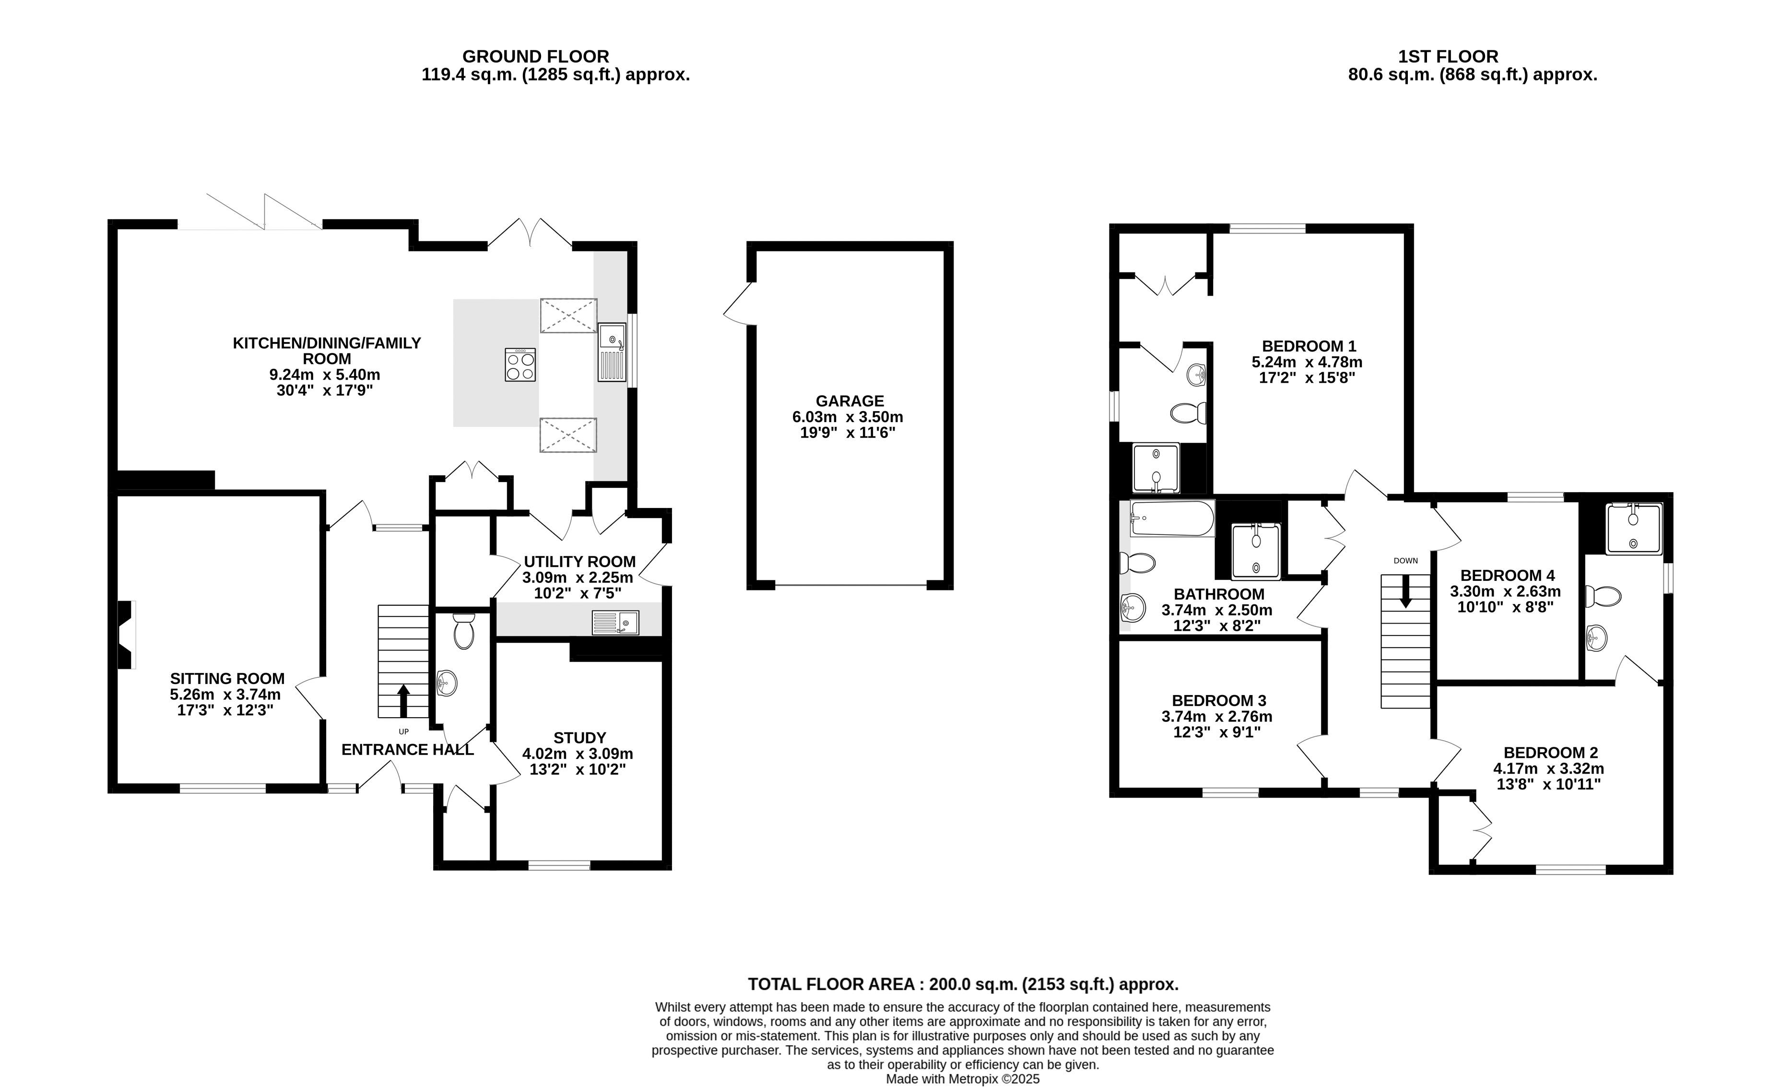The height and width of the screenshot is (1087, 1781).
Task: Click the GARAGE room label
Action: (x=849, y=401)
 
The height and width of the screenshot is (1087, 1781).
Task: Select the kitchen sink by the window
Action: (x=612, y=352)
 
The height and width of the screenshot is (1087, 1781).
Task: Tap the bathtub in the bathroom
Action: (x=1172, y=518)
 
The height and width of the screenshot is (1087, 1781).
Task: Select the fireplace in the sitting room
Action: (x=126, y=635)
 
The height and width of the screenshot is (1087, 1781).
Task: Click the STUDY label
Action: (x=580, y=738)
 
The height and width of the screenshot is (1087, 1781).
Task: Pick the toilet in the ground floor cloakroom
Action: (x=463, y=631)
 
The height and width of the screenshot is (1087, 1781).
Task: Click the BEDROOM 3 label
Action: (x=1219, y=700)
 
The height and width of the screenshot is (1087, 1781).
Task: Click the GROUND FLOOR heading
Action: (x=536, y=57)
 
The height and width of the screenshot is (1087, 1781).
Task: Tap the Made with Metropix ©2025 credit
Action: (x=963, y=1079)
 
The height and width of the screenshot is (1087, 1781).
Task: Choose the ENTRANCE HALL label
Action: (x=408, y=749)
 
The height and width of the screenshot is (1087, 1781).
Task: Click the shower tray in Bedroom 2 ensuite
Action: (x=1634, y=529)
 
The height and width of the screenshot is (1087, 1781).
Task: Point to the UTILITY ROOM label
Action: (x=580, y=562)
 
